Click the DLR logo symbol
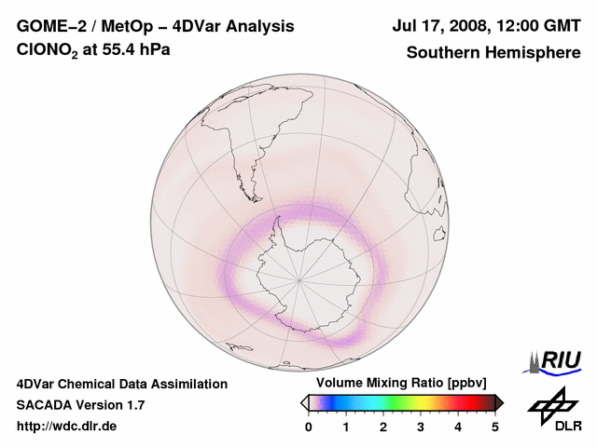pyautogui.click(x=552, y=404)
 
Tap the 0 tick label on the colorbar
pyautogui.click(x=309, y=427)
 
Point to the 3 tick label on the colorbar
pyautogui.click(x=421, y=427)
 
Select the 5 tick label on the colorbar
pyautogui.click(x=495, y=427)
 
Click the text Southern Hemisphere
pyautogui.click(x=493, y=52)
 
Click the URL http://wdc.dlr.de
pyautogui.click(x=67, y=427)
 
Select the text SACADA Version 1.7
pyautogui.click(x=80, y=405)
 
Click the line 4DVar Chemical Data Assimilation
pyautogui.click(x=121, y=384)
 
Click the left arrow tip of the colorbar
pyautogui.click(x=303, y=402)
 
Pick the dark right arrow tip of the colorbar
pyautogui.click(x=500, y=402)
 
